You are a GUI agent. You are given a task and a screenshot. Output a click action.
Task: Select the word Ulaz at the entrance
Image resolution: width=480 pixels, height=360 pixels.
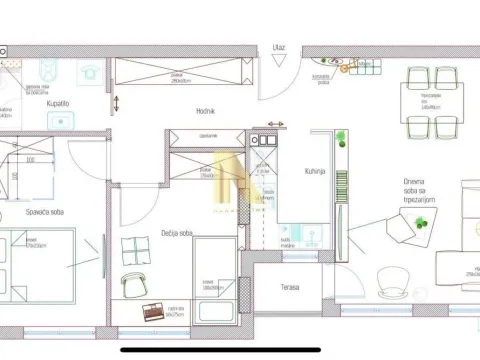coord(278,47)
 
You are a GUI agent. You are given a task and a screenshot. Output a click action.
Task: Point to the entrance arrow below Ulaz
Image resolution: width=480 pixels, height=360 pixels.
coord(278,60)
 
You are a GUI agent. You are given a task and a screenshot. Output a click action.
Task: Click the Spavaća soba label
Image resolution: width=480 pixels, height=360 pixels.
coord(45,211)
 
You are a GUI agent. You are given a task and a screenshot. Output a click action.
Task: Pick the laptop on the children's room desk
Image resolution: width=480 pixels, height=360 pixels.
coord(152,312)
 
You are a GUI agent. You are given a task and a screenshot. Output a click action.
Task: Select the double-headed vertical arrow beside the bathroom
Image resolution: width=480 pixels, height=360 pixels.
coord(117,102)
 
